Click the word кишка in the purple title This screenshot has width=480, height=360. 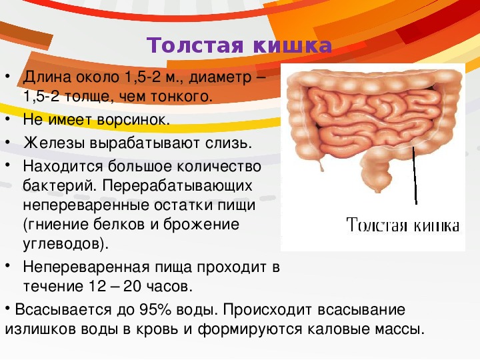point(293,45)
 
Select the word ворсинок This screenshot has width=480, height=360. point(133,120)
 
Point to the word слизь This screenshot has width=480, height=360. point(229,143)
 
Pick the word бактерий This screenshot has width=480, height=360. point(59,185)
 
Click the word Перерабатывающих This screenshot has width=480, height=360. point(177,186)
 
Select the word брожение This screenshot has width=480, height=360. point(201,225)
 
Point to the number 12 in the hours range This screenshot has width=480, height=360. point(97,287)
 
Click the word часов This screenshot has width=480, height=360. point(169,287)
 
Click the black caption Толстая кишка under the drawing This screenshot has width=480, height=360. point(403,225)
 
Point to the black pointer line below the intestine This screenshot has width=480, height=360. point(415,175)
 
